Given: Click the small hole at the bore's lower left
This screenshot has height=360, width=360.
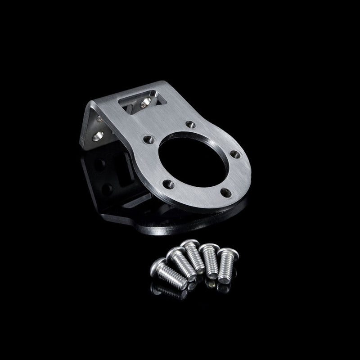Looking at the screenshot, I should click(168, 183).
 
